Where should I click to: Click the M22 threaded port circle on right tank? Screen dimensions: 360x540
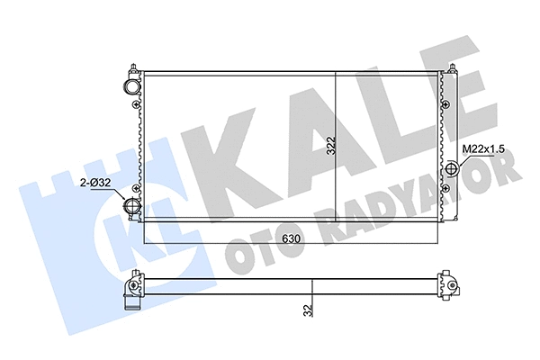coord(453,168)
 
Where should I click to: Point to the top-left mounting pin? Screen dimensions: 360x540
coord(135,68)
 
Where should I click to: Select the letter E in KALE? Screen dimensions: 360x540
coord(433,126)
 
